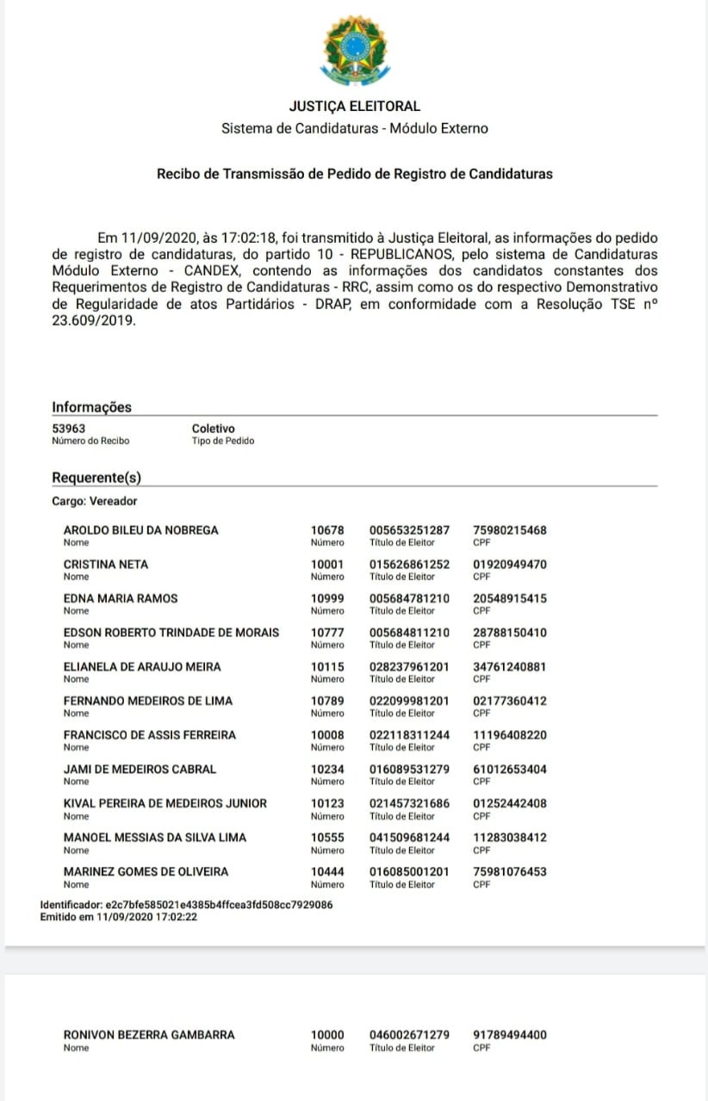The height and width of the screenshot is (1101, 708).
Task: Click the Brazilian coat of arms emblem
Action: tap(354, 50)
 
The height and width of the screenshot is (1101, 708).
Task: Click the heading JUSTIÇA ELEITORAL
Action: tap(354, 107)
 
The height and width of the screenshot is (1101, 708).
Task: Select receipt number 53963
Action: tap(69, 429)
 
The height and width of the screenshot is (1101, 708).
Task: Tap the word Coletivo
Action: tap(213, 429)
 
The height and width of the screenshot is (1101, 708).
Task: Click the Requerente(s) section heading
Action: tap(96, 478)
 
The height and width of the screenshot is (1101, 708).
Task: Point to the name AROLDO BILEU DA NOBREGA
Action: tap(141, 530)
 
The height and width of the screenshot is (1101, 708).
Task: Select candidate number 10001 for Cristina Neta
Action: tap(327, 565)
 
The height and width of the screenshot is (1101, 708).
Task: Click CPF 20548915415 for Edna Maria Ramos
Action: tap(510, 598)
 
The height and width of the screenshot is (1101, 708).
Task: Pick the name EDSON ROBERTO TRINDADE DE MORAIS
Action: tap(171, 633)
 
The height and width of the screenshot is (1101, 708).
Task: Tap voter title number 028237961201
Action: tap(409, 667)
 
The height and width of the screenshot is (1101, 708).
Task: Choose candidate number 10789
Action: tap(327, 701)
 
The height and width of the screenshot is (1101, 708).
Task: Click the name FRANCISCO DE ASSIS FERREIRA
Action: tap(150, 735)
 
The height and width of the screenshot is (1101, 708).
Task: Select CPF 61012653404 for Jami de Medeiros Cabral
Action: tap(510, 770)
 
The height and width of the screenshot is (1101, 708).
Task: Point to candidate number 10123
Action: tap(327, 803)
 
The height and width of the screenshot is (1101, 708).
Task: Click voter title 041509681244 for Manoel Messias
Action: tap(409, 838)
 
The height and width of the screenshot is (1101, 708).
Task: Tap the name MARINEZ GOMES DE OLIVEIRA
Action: tap(146, 872)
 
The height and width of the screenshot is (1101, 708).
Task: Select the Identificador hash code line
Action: tap(186, 906)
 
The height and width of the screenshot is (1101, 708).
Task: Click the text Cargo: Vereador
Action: tap(94, 501)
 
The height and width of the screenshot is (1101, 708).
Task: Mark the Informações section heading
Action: tap(92, 407)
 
